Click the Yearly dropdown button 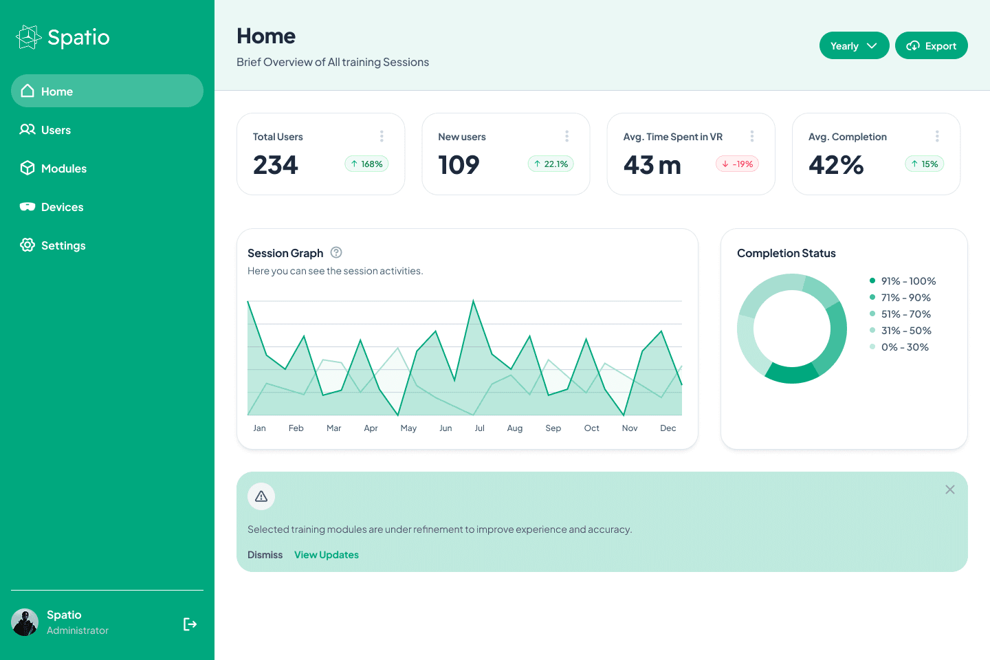[854, 46]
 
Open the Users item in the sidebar [56, 130]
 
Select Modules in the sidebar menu [63, 168]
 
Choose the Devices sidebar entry [62, 207]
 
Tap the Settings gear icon [27, 245]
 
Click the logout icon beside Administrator [190, 624]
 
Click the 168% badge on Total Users [366, 164]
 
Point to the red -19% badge [737, 164]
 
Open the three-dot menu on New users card [566, 136]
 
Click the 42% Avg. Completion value [836, 165]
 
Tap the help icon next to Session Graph [336, 252]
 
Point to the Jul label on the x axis [479, 428]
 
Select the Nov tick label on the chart [630, 428]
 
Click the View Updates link [327, 555]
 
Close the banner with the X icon [950, 489]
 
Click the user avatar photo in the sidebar [25, 622]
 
